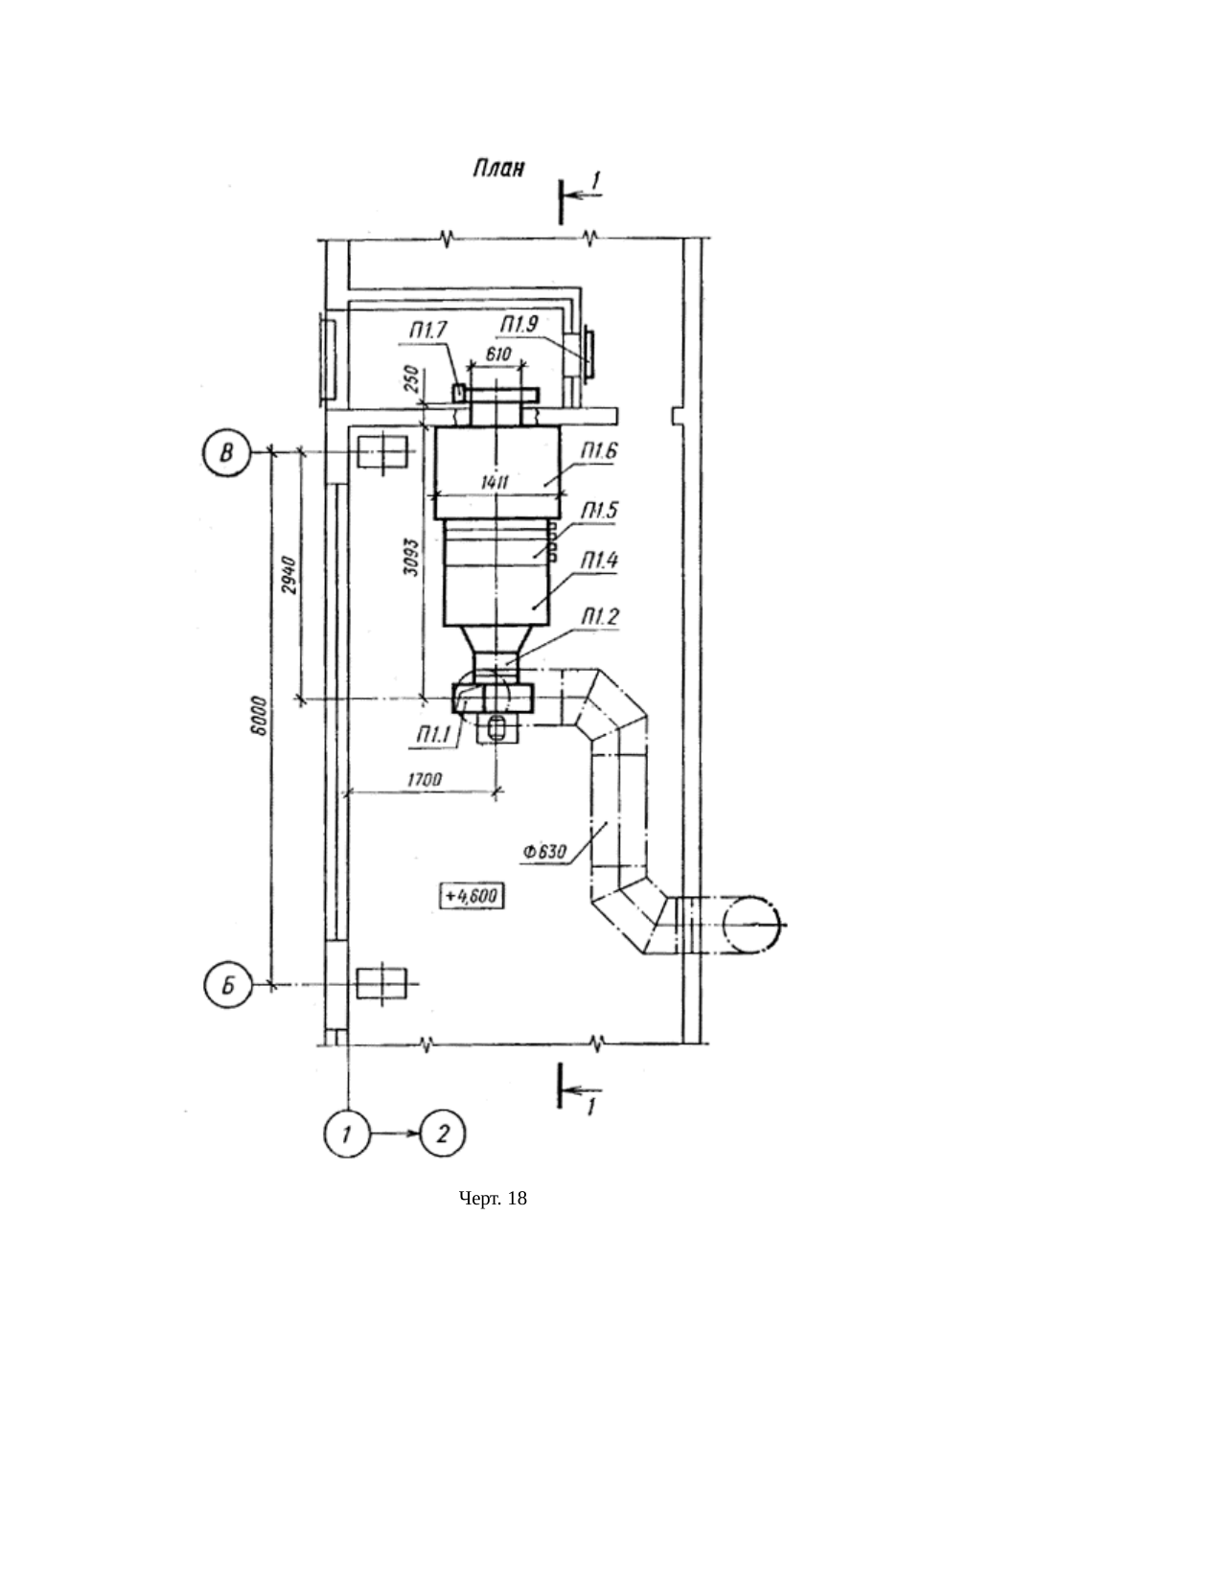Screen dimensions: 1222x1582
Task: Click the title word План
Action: (498, 169)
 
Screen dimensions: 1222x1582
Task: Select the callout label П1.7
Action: (428, 332)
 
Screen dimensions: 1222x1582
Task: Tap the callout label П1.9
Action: (519, 324)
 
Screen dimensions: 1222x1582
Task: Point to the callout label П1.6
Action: (599, 451)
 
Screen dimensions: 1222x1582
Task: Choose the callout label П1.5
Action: (599, 511)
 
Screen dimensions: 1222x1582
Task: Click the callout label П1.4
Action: (599, 561)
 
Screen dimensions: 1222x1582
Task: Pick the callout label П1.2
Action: (599, 617)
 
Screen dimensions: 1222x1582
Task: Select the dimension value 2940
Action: (289, 575)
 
